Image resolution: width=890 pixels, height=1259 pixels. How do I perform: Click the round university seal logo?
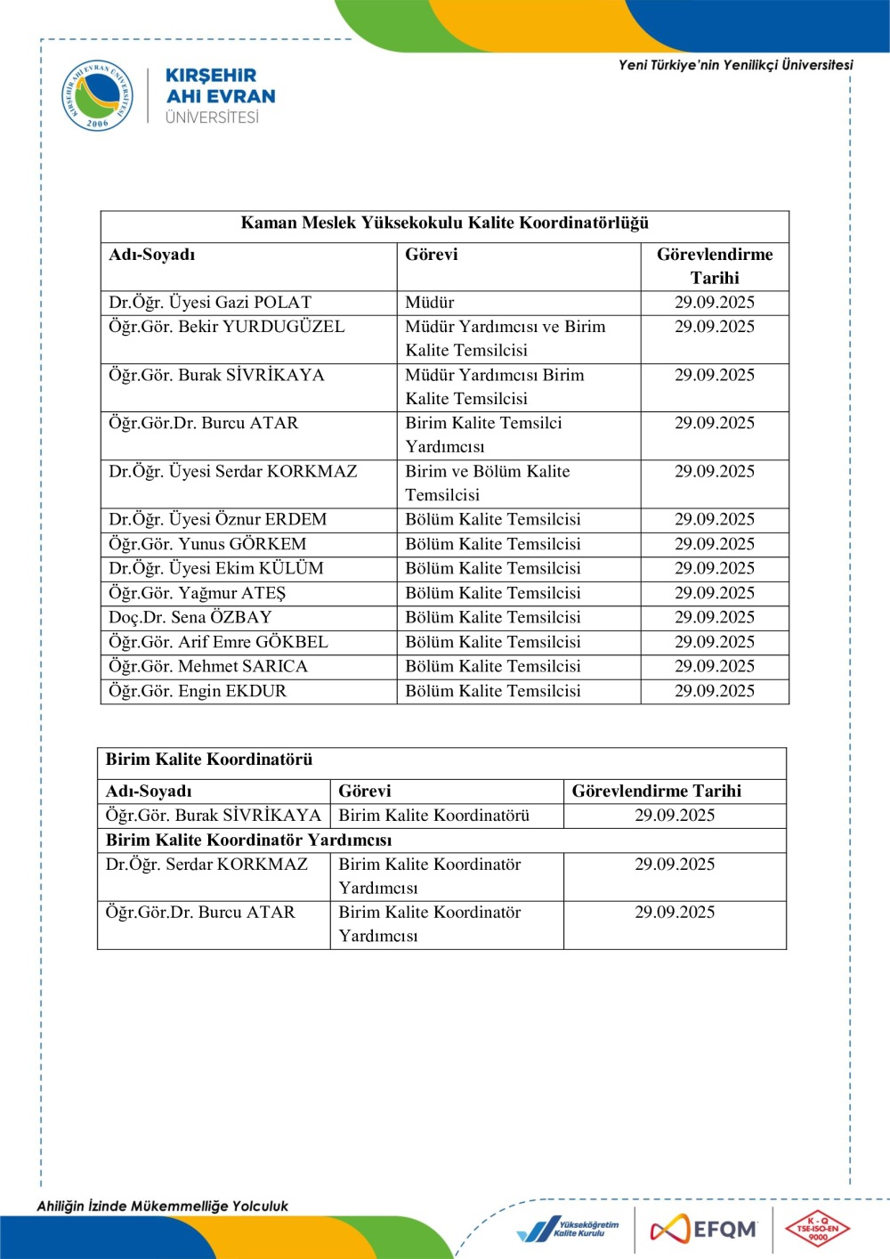tap(97, 95)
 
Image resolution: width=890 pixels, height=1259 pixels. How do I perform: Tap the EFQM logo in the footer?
tap(704, 1230)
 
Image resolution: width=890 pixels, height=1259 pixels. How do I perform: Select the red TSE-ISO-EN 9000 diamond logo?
tap(817, 1230)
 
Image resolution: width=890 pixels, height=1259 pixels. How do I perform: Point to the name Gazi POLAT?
tap(210, 303)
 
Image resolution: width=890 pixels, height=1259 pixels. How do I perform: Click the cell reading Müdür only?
tap(430, 303)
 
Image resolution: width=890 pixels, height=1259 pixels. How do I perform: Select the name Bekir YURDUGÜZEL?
tap(227, 327)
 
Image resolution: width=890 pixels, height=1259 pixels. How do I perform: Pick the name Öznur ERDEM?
tap(218, 519)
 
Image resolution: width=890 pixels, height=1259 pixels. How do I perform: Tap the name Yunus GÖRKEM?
tap(207, 544)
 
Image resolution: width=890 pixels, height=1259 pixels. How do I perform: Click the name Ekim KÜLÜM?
tap(216, 568)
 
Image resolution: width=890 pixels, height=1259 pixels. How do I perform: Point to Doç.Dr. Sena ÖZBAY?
tap(190, 617)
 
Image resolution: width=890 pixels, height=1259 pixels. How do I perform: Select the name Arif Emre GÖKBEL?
tap(218, 642)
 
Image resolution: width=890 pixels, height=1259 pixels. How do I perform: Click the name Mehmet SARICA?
tap(208, 666)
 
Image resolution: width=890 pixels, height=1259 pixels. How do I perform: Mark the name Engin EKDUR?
tap(198, 691)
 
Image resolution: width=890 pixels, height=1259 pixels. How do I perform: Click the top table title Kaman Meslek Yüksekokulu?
tap(445, 223)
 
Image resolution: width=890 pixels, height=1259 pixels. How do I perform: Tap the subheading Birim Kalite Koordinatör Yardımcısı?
tap(248, 841)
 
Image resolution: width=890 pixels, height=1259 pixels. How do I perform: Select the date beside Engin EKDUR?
tap(714, 691)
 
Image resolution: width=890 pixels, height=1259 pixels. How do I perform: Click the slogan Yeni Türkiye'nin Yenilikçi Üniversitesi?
tap(735, 65)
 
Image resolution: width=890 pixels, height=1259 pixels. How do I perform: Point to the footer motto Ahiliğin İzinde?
tap(162, 1206)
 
